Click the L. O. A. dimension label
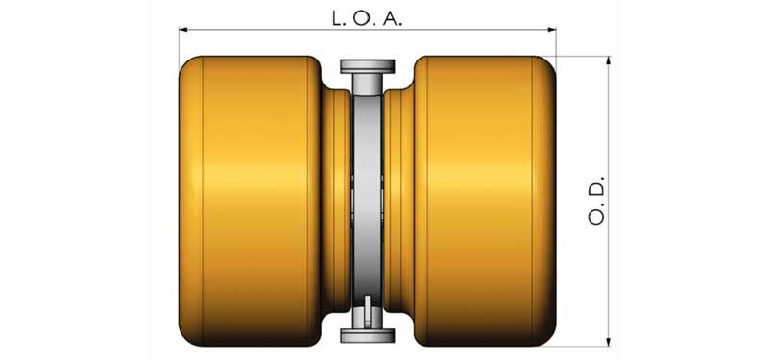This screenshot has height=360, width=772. coord(368,18)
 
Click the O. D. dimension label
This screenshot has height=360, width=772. coord(596,200)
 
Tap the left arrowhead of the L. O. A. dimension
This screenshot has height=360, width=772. coord(183,30)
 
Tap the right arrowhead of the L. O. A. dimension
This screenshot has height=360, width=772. coord(551,30)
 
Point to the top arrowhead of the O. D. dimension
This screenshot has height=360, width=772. coord(609,60)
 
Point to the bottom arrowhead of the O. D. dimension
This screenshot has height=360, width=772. coord(609,342)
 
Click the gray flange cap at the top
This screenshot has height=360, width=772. coord(368,66)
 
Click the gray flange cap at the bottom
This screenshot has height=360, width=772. coord(368,336)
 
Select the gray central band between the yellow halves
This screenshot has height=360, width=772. coord(368,202)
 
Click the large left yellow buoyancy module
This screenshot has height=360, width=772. coord(250,201)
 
